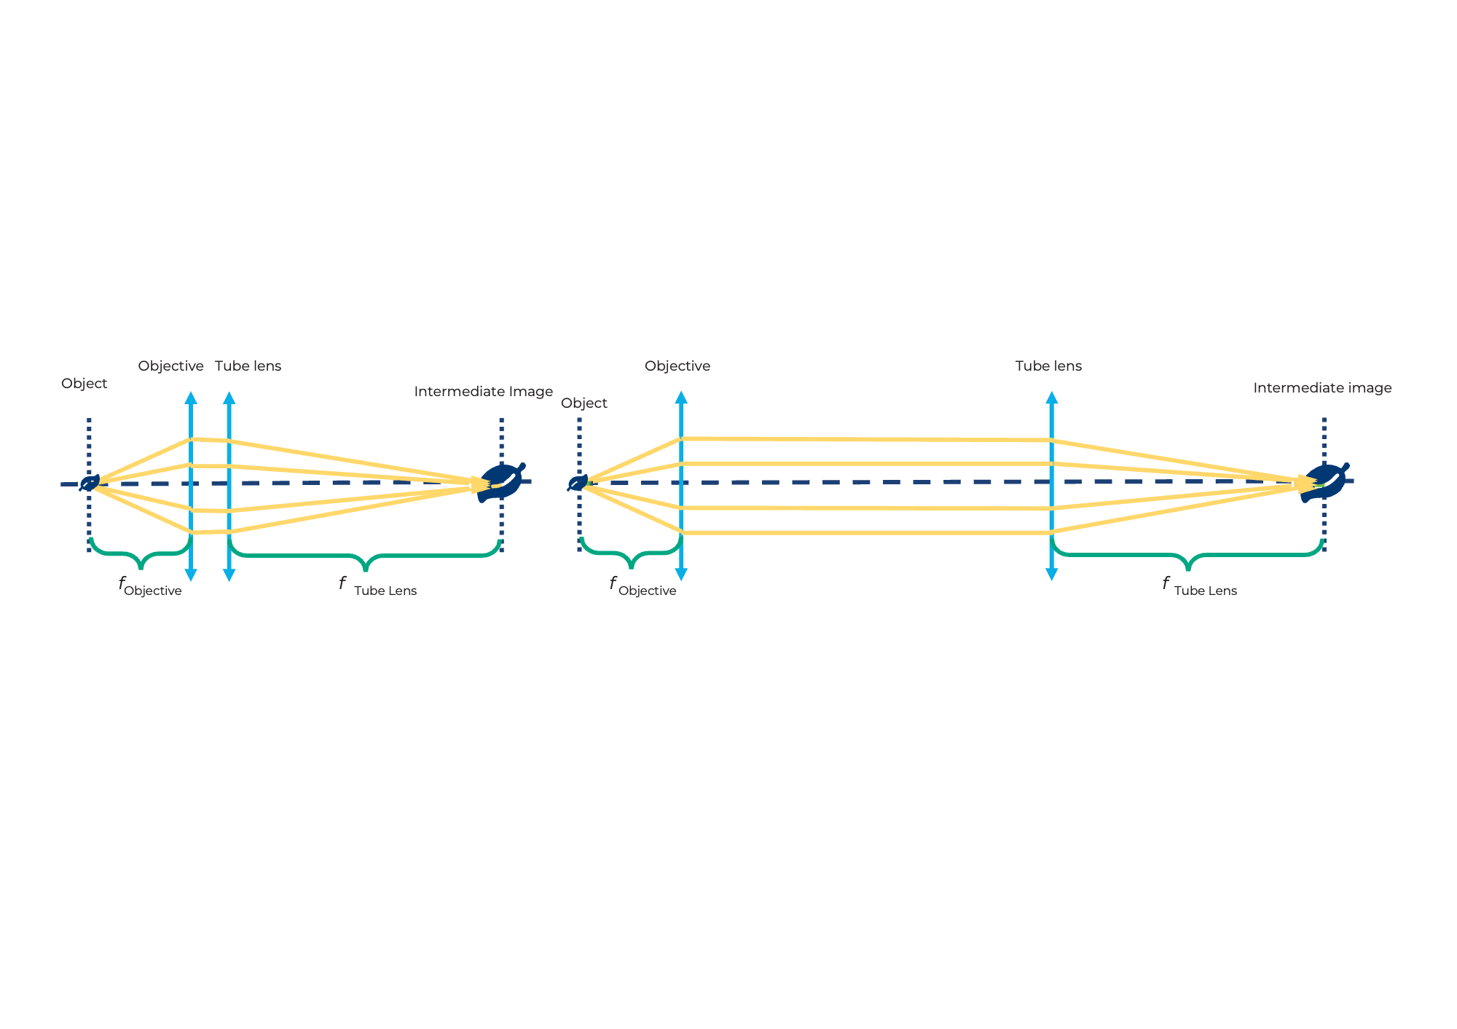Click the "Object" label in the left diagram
coord(84,384)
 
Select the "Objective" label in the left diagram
coord(170,366)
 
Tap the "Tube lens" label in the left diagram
coord(248,366)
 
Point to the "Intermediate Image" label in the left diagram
coord(483,392)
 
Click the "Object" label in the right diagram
coord(584,403)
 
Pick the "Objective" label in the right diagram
coord(677,366)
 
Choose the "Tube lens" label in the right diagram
coord(1048,366)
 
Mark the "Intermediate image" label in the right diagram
coord(1321,388)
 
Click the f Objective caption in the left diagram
coord(150,587)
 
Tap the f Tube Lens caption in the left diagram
coord(378,587)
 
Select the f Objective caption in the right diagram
coord(643,587)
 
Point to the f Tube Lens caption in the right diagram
coord(1199,587)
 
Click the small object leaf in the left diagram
coord(90,483)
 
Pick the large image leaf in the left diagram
coord(500,482)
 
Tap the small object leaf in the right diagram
coord(578,483)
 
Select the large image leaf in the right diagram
coord(1324,481)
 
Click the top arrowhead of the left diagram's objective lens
coord(191,398)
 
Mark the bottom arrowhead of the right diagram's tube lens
coord(1051,574)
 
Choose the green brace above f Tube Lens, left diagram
coord(365,557)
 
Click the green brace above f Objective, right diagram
coord(631,556)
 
